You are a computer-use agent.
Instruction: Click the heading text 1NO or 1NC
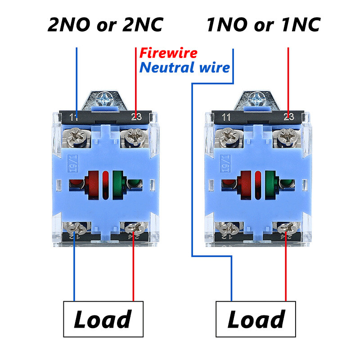(x=263, y=25)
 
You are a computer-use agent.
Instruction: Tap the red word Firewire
(x=168, y=53)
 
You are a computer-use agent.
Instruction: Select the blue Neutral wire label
(x=185, y=68)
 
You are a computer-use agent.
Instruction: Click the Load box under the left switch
(x=103, y=319)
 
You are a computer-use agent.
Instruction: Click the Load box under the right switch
(x=256, y=319)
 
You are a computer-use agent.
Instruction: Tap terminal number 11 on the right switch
(x=226, y=117)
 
